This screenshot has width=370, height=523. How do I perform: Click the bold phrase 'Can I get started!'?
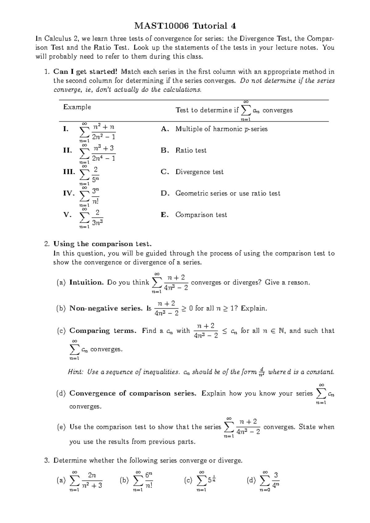[85, 72]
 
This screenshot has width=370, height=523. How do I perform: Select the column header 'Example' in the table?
[77, 107]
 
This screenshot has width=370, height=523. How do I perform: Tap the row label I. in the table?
[66, 129]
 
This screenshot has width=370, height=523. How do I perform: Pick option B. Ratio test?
[183, 150]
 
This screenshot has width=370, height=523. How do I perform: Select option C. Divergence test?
[192, 172]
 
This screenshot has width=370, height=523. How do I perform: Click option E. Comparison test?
[194, 215]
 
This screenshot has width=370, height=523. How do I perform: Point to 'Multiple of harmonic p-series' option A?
[221, 129]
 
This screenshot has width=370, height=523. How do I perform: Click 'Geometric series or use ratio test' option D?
[228, 193]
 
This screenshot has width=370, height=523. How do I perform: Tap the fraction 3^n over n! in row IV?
[96, 196]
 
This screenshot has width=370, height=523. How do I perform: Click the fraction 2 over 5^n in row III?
[96, 175]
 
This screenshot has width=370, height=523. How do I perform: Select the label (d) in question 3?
[251, 480]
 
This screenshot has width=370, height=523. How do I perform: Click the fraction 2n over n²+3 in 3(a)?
[92, 480]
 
